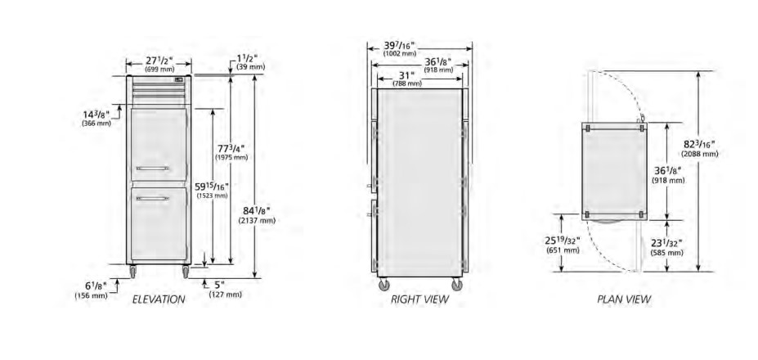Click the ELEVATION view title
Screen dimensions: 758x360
159,299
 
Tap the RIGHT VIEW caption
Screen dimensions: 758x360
419,299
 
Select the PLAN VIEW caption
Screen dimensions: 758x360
624,299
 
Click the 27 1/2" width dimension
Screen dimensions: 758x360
159,61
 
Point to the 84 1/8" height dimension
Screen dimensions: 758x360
257,210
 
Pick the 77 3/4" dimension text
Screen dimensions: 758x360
231,149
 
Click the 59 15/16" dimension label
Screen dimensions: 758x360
212,187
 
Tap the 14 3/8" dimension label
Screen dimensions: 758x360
96,115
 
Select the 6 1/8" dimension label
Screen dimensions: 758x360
91,286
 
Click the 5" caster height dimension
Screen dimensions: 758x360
220,285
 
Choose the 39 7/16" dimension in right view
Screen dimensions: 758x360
400,46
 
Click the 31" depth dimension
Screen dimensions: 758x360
407,75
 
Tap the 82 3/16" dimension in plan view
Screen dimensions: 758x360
699,144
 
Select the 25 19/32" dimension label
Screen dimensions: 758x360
563,241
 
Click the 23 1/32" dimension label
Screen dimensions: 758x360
666,243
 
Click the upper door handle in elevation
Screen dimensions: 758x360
153,169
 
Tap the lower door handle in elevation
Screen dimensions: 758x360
153,198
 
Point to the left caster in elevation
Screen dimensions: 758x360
132,272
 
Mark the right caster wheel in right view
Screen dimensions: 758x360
456,285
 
